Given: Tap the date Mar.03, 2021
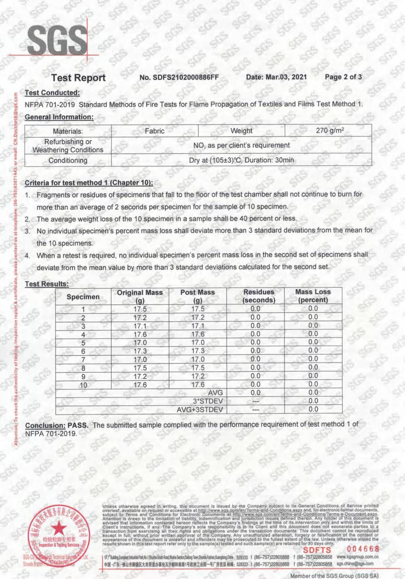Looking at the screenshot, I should click(x=276, y=77).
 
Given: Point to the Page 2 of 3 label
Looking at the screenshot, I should click(x=343, y=77).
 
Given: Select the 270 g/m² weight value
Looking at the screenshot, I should click(x=330, y=130).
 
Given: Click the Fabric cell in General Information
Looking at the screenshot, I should click(x=155, y=131).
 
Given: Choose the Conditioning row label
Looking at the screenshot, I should click(x=68, y=161).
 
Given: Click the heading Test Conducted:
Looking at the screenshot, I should click(x=52, y=93).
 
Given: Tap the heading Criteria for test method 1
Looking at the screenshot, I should click(x=89, y=183).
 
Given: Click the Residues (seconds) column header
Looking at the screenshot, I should click(x=259, y=296).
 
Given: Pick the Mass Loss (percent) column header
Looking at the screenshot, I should click(x=313, y=296).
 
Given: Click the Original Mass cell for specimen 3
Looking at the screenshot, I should click(x=140, y=326).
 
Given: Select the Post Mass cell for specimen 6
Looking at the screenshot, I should click(x=198, y=351).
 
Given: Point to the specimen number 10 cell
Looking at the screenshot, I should click(x=83, y=385).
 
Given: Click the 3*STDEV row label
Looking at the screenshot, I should click(x=208, y=401).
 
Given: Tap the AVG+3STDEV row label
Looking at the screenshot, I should click(x=200, y=409).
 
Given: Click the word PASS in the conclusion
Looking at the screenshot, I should click(x=78, y=425).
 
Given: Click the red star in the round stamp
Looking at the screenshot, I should click(x=58, y=529).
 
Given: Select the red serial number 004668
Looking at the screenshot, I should click(x=363, y=549).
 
